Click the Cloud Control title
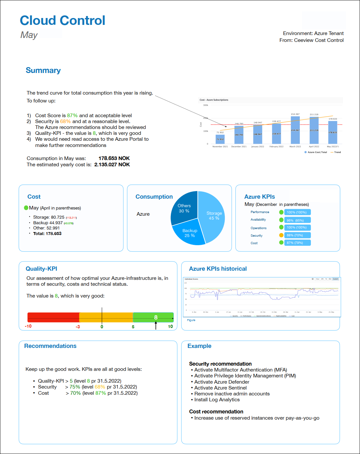[63, 21]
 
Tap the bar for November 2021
[220, 139]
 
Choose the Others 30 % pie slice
[184, 208]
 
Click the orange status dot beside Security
[281, 235]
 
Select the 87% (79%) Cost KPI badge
[297, 243]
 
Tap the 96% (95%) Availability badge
[297, 220]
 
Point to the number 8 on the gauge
[156, 317]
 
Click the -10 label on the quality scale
[28, 326]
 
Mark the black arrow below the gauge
[156, 325]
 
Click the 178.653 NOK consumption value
[114, 158]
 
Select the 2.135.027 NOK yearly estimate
[112, 165]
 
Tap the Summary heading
[43, 70]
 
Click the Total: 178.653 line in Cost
[47, 234]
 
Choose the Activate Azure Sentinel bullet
[220, 388]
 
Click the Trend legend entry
[336, 152]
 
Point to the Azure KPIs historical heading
[218, 269]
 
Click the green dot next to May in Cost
[26, 208]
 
